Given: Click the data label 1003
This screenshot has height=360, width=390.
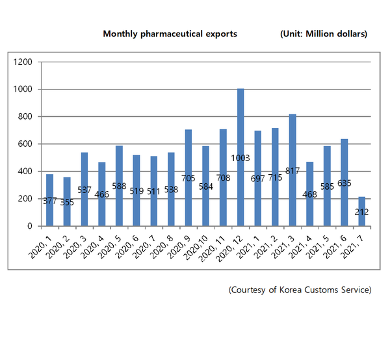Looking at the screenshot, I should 240,158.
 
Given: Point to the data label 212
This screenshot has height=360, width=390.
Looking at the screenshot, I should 362,212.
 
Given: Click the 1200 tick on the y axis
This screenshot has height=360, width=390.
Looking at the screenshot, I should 23,62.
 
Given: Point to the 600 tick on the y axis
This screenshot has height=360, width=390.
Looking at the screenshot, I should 25,144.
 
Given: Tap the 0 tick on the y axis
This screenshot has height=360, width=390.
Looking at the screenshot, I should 31,226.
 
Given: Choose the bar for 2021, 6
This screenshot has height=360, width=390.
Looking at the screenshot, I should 344,188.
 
